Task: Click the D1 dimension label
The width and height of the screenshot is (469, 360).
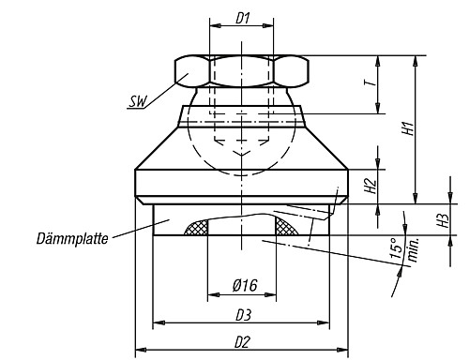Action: click(242, 19)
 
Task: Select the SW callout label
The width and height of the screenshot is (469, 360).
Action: click(138, 101)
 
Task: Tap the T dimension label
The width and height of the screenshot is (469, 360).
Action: click(370, 82)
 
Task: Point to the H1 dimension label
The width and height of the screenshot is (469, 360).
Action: click(408, 128)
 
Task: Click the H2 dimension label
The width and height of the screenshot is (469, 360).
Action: click(371, 186)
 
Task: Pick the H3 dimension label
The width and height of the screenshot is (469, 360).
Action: click(444, 220)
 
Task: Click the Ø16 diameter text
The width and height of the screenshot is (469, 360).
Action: click(245, 285)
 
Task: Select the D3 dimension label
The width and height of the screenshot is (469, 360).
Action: click(243, 315)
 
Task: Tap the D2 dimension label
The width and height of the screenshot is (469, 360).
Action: click(242, 342)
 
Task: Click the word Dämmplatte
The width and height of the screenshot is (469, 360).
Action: click(72, 239)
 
